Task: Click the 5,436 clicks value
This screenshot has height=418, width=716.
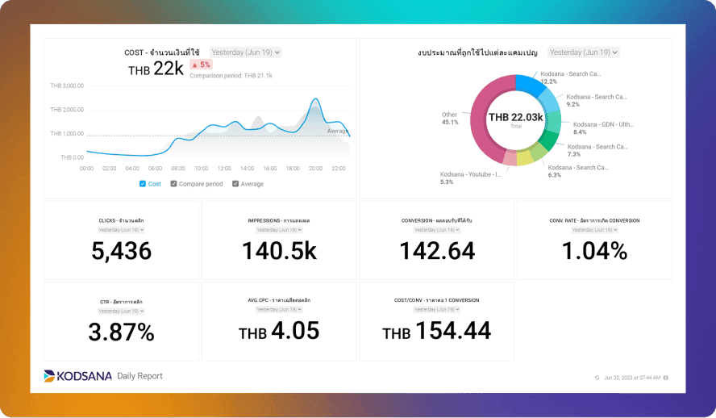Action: [x=121, y=251]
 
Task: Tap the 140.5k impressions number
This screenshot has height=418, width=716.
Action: [x=279, y=251]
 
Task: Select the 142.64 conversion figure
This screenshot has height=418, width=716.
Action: [x=437, y=251]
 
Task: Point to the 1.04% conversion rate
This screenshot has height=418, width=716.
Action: [x=594, y=251]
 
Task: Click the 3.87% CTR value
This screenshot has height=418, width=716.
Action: [x=121, y=331]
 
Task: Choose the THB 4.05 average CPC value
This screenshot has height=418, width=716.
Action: [x=279, y=331]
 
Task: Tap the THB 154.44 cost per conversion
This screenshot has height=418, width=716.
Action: [x=436, y=331]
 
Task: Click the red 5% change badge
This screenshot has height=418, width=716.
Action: [x=201, y=65]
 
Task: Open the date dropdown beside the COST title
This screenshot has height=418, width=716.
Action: [x=246, y=52]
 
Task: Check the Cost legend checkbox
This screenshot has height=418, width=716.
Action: [x=143, y=184]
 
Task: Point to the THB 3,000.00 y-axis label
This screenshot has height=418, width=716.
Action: [x=67, y=86]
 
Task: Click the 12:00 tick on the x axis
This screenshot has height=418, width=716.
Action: [x=224, y=169]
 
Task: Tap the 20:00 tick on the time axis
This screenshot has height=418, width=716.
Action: [x=315, y=169]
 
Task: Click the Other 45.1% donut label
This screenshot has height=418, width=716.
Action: [x=450, y=119]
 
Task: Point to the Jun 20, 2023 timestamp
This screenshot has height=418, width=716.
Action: [x=631, y=378]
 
